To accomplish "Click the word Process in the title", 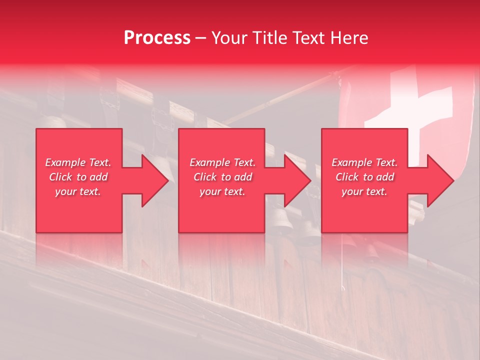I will tap(157, 37).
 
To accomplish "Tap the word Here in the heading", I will tap(348, 37).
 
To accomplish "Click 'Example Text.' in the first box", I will tap(78, 162).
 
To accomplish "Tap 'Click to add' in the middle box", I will tap(222, 177).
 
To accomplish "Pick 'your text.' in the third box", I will tap(364, 191).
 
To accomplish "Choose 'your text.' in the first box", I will tap(78, 191).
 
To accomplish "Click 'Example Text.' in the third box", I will tap(364, 162).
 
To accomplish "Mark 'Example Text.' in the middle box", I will tap(222, 162).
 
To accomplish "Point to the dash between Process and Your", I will tap(200, 38).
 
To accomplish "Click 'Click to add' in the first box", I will tap(78, 177).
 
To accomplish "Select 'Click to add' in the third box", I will tap(364, 177).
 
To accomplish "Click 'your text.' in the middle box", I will tap(222, 191).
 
